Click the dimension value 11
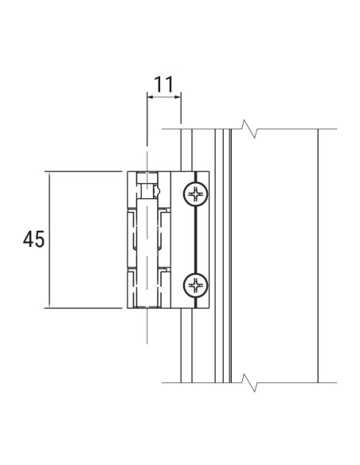pyautogui.click(x=164, y=83)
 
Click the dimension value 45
pyautogui.click(x=33, y=239)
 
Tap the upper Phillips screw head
pyautogui.click(x=194, y=193)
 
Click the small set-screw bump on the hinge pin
pyautogui.click(x=159, y=191)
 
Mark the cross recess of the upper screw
pyautogui.click(x=194, y=193)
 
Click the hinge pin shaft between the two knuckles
pyautogui.click(x=147, y=239)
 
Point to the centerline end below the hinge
pyautogui.click(x=147, y=338)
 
